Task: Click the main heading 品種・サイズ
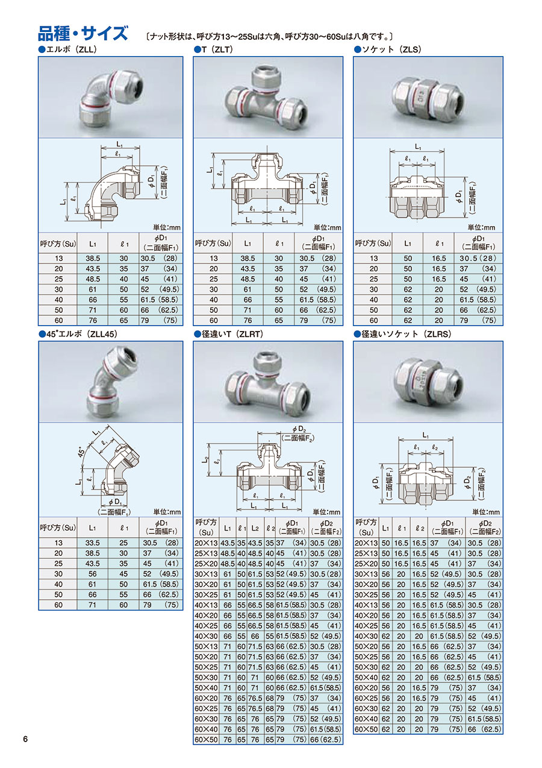(x=83, y=34)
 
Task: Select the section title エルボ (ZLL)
(x=68, y=49)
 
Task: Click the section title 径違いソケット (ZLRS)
(x=403, y=334)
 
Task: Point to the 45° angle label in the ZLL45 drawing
(x=81, y=452)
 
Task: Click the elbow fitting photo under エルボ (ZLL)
(x=111, y=98)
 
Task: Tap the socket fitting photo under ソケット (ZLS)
(x=428, y=98)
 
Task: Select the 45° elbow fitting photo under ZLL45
(x=111, y=382)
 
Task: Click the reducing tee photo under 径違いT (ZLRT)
(x=268, y=382)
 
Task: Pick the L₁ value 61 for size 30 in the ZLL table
(x=93, y=290)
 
